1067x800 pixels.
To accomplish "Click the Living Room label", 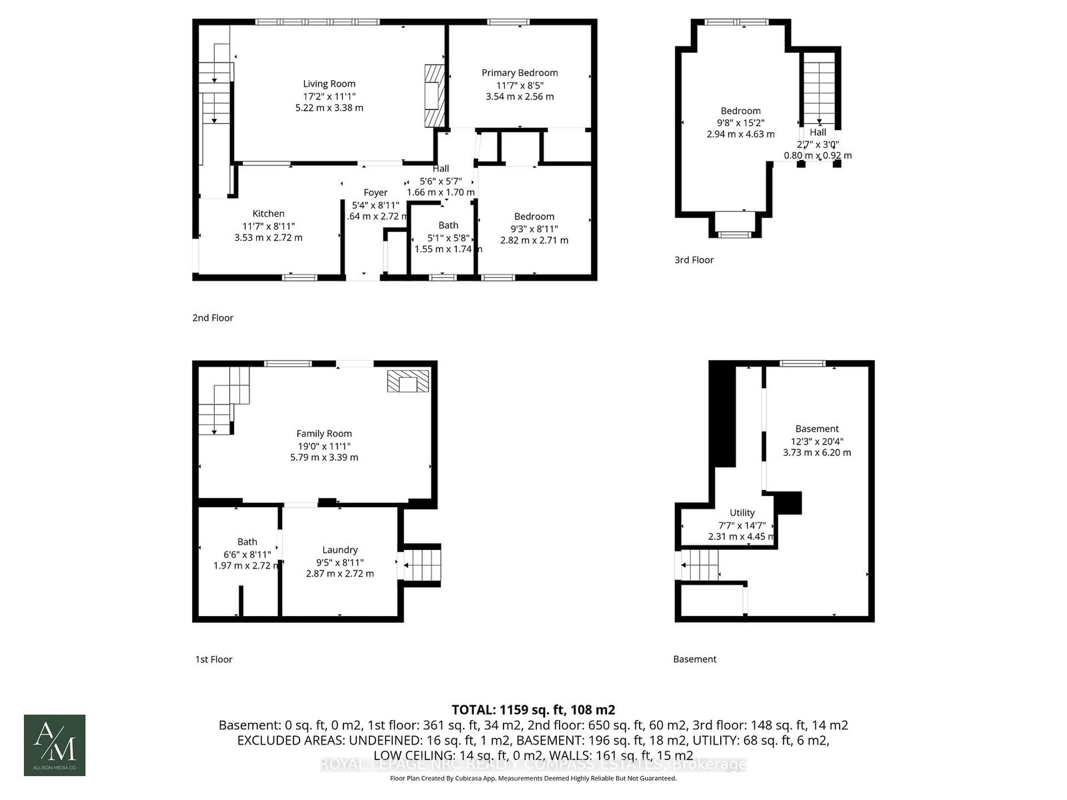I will point(329,84).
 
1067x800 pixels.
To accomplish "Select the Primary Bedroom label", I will point(519,73).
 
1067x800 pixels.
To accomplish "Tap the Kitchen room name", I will point(268,213).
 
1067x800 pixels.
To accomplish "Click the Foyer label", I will point(375,193).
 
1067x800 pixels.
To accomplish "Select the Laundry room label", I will point(339,550).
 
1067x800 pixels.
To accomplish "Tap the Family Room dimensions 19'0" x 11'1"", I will point(324,445).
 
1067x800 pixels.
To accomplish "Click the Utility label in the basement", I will point(742,513).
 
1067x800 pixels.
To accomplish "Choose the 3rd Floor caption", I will point(694,260).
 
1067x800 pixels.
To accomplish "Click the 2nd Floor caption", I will point(213,318).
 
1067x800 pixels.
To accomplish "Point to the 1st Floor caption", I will point(213,659).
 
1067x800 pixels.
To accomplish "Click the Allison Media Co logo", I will point(55,745).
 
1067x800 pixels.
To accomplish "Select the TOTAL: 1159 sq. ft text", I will point(533,710).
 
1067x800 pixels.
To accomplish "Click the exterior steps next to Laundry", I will point(423,565).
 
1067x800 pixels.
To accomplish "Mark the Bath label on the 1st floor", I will point(247,542).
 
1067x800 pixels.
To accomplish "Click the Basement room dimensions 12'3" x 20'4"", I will point(817,441).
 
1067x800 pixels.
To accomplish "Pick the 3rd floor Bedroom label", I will point(740,111).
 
